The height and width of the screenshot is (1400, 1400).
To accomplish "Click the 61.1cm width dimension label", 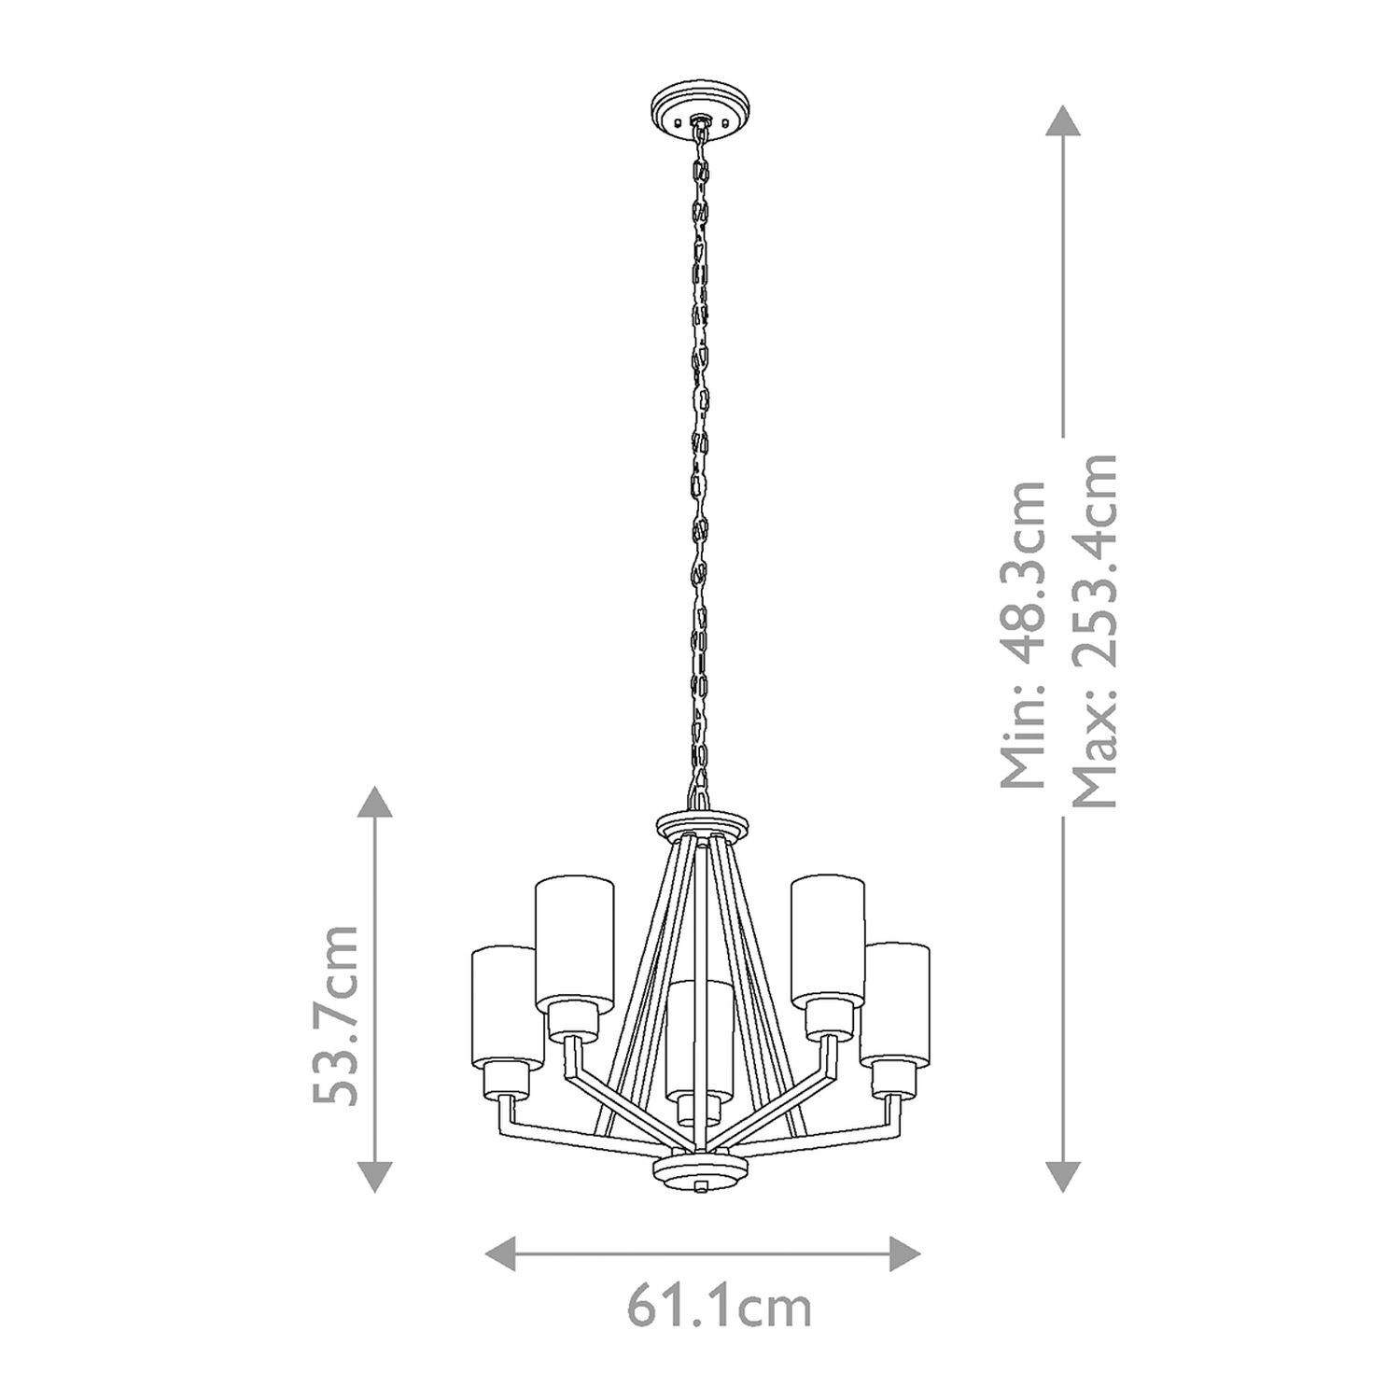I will click(718, 1309).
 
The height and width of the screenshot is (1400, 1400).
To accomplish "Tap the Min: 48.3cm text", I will click(1023, 635).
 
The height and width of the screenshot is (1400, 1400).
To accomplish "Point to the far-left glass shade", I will click(507, 1003).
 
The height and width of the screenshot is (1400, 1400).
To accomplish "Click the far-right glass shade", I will click(895, 1001).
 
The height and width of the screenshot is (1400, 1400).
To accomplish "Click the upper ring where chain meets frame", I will click(702, 823).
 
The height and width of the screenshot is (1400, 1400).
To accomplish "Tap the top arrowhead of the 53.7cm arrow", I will click(374, 801).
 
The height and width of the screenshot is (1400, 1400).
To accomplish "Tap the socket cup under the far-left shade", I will click(507, 1080).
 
